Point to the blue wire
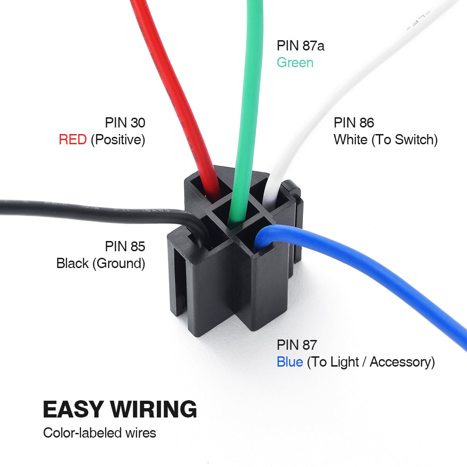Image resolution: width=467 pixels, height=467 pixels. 374,271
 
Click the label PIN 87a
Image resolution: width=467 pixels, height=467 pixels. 300,46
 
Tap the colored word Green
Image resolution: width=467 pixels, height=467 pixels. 295,63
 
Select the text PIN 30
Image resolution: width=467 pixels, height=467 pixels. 125,123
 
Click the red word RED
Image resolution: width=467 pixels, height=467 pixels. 72,140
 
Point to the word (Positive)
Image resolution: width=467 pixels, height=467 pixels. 118,140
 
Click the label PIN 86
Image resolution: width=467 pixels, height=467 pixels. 354,123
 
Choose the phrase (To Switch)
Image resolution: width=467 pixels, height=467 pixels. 404,140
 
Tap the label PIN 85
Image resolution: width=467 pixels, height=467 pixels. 125,246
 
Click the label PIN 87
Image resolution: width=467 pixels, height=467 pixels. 297,345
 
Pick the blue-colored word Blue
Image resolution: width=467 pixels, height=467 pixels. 290,362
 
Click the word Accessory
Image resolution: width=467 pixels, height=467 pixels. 402,362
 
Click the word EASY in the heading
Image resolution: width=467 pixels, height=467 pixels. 73,409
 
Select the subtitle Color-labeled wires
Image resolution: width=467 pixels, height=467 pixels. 99,433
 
